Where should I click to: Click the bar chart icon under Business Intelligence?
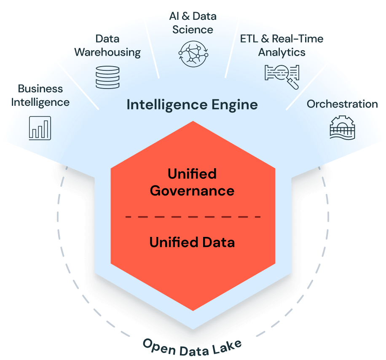click(x=40, y=128)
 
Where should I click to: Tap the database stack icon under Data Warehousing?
click(x=108, y=77)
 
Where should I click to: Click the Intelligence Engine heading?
click(x=192, y=104)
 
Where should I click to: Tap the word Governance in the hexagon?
click(x=192, y=191)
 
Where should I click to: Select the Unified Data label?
click(x=192, y=242)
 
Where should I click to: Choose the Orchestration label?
click(x=342, y=104)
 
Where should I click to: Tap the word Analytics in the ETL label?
click(x=281, y=52)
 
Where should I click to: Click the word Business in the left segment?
click(x=40, y=89)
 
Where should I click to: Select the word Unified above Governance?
click(x=192, y=174)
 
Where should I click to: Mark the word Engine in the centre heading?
click(x=236, y=104)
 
